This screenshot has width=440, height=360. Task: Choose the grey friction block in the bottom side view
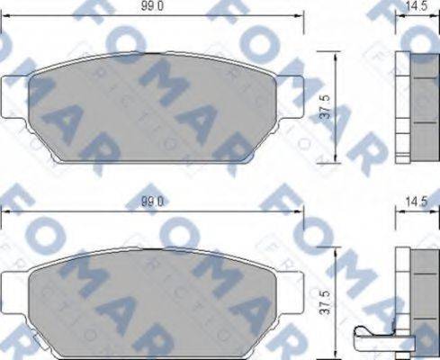pyautogui.click(x=422, y=301)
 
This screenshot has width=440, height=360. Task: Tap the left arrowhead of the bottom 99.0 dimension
pyautogui.click(x=4, y=214)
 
